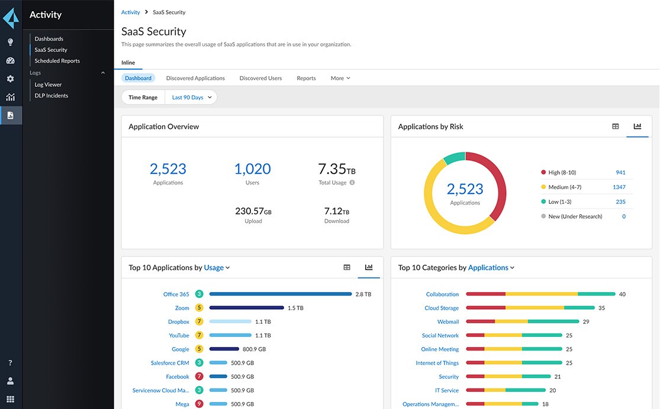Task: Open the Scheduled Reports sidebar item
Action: [x=57, y=61]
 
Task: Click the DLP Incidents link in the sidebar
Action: [x=51, y=96]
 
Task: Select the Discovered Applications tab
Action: [x=195, y=78]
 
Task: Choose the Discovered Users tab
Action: [x=260, y=78]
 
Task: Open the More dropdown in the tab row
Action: [x=340, y=78]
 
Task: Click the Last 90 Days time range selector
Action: [x=191, y=98]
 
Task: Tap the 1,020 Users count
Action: [x=252, y=169]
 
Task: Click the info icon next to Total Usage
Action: [x=352, y=183]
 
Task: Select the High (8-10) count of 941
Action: [x=620, y=173]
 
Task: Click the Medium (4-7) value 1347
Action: [x=619, y=187]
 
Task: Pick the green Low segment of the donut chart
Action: [x=454, y=158]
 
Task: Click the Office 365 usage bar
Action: [x=280, y=294]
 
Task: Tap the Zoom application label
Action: [x=182, y=308]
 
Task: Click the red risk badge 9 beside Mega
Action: [x=199, y=404]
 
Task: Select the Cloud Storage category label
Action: [x=441, y=308]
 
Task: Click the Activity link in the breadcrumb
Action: [x=130, y=12]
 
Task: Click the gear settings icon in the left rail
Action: [x=10, y=79]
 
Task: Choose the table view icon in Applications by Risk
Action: [x=616, y=126]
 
